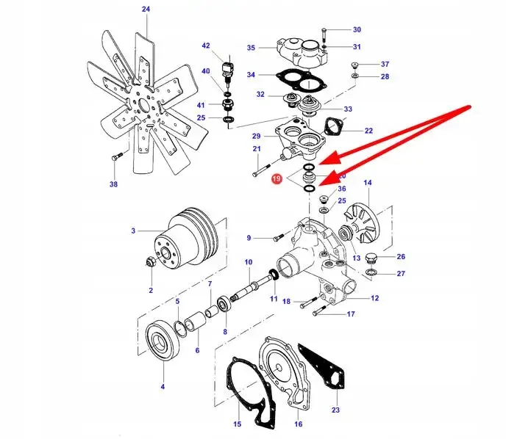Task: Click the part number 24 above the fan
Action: pos(145,9)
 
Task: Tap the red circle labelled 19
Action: pos(277,178)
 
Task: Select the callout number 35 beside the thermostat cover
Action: pos(251,48)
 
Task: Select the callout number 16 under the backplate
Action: pos(298,424)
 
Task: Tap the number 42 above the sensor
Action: pos(206,46)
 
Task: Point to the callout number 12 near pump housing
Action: pos(374,298)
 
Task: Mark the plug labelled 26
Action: pos(371,258)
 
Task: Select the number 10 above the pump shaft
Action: pos(249,262)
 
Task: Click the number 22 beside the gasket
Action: pos(368,131)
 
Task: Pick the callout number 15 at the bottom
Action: pos(238,424)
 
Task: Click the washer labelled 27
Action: pos(372,274)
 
